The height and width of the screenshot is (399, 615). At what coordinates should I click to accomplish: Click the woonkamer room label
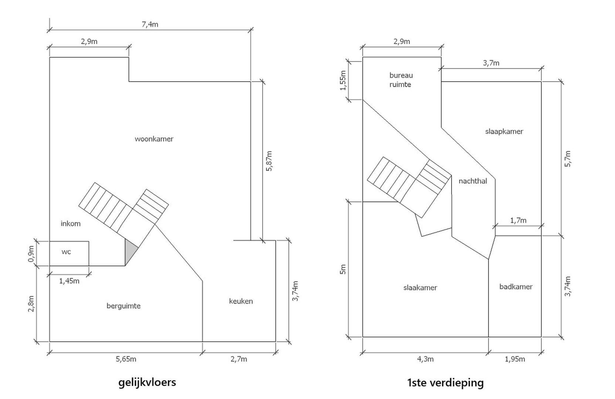154,139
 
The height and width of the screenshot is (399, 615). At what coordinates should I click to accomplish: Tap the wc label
66,252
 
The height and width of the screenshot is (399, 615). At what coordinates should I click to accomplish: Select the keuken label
241,301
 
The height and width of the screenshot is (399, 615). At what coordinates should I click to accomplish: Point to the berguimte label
123,306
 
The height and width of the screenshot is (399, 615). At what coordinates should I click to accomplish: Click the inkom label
70,224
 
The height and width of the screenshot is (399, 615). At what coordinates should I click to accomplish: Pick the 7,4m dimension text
150,24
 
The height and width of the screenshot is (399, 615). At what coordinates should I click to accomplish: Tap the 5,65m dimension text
126,359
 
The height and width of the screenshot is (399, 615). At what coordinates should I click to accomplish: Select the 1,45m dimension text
69,281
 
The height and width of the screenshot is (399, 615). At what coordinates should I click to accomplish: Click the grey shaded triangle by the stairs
130,250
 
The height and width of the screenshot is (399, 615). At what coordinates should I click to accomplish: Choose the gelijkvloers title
147,382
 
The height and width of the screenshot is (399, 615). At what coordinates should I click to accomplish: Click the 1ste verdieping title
445,383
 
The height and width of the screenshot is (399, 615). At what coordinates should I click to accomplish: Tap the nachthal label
473,181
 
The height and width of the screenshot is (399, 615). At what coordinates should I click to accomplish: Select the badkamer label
516,287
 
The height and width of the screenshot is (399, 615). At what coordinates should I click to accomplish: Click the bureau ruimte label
401,80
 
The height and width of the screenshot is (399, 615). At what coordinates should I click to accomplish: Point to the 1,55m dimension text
343,80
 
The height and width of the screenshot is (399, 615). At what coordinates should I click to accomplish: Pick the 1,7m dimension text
518,221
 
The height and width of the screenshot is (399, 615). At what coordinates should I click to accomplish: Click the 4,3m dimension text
425,359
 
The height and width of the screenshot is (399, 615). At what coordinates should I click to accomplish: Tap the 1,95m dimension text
514,359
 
